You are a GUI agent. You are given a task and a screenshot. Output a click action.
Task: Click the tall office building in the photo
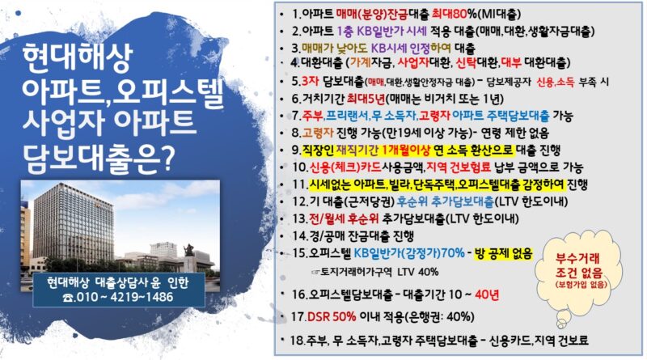pyautogui.click(x=74, y=225)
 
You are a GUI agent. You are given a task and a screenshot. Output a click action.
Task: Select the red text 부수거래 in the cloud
pyautogui.click(x=577, y=258)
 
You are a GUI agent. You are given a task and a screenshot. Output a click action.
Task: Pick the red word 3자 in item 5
pyautogui.click(x=310, y=81)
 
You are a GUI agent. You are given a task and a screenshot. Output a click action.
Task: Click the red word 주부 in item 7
pyautogui.click(x=312, y=116)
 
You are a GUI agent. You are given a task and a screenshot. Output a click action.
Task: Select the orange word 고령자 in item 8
pyautogui.click(x=317, y=133)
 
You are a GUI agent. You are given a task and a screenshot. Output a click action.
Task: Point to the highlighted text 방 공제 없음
pyautogui.click(x=503, y=252)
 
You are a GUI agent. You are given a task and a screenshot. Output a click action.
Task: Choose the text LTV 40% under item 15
pyautogui.click(x=418, y=272)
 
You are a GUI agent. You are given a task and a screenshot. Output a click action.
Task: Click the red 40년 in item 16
pyautogui.click(x=487, y=294)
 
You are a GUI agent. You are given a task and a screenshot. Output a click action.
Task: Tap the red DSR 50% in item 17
pyautogui.click(x=332, y=316)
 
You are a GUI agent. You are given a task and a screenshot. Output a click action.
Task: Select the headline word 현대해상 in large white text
pyautogui.click(x=78, y=57)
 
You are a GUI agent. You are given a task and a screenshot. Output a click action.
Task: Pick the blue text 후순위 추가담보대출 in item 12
pyautogui.click(x=446, y=201)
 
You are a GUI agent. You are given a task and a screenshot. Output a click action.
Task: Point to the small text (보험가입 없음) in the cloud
pyautogui.click(x=581, y=285)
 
